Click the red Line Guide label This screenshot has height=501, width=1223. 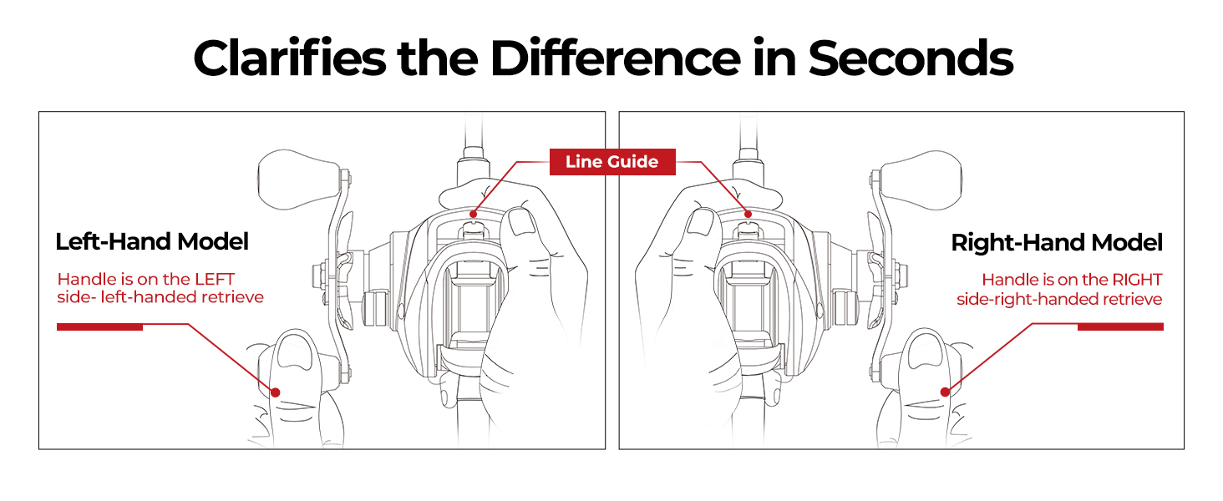[x=612, y=161]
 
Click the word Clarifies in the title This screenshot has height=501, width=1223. [x=290, y=58]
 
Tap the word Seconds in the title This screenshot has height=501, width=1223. [x=911, y=58]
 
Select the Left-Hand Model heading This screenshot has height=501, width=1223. [x=152, y=242]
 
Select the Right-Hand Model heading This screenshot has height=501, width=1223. [x=1057, y=243]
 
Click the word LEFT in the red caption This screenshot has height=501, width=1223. [x=215, y=280]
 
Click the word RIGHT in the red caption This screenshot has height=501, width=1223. [x=1137, y=280]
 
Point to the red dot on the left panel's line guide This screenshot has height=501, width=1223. [x=474, y=215]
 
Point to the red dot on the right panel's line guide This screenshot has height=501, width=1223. [x=748, y=215]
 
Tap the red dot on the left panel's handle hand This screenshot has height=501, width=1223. [x=276, y=392]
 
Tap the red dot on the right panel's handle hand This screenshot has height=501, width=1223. [x=945, y=392]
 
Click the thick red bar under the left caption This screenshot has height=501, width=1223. [x=100, y=327]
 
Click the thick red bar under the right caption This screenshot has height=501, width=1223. [x=1120, y=327]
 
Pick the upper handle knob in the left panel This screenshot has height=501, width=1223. [x=300, y=180]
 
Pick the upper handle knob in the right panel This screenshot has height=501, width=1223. [x=921, y=180]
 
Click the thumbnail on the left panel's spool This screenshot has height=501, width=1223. [x=522, y=221]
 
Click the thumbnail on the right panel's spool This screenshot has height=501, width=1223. [x=700, y=222]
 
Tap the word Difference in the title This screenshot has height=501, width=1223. [x=616, y=58]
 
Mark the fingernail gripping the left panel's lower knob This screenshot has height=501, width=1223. [x=294, y=352]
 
